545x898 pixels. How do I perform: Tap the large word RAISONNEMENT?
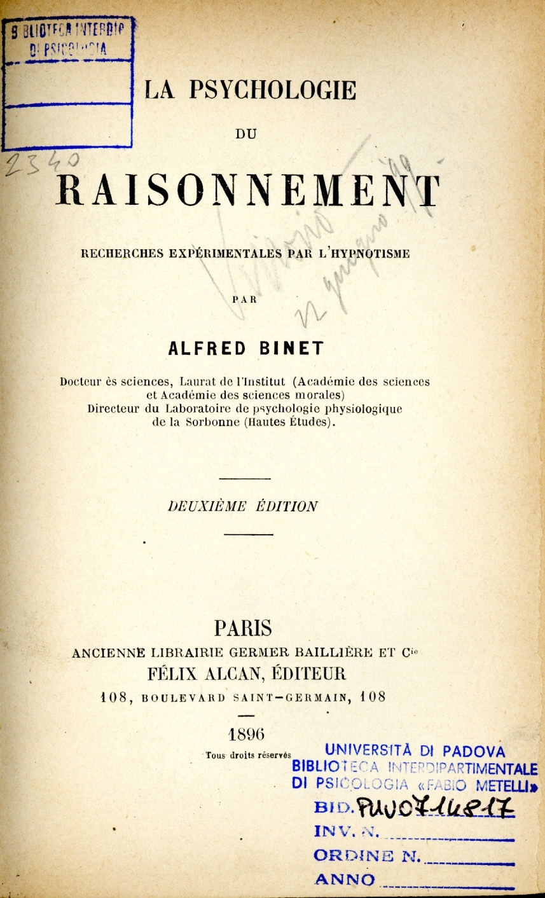pyautogui.click(x=248, y=190)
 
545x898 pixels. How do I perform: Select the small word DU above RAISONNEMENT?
pyautogui.click(x=245, y=134)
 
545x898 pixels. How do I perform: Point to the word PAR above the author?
pyautogui.click(x=245, y=300)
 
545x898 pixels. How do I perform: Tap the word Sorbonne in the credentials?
pyautogui.click(x=207, y=422)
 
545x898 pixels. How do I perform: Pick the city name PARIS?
pyautogui.click(x=244, y=628)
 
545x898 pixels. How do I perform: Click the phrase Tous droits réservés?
pyautogui.click(x=248, y=755)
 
